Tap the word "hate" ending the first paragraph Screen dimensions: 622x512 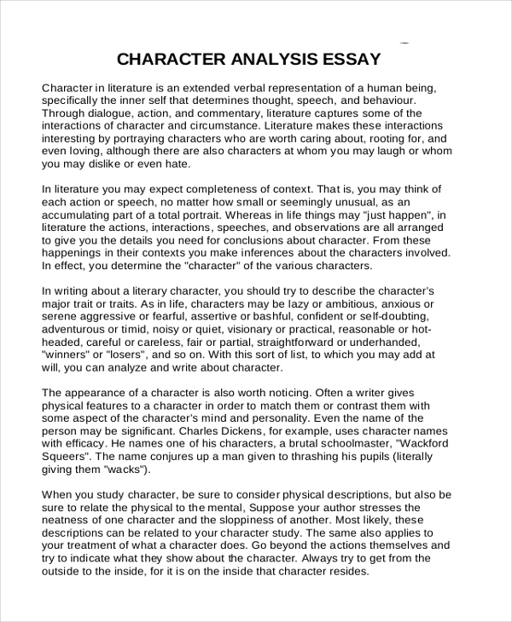click(x=176, y=163)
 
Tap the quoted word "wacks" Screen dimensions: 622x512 click(x=128, y=469)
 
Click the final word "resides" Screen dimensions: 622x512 click(x=346, y=571)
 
